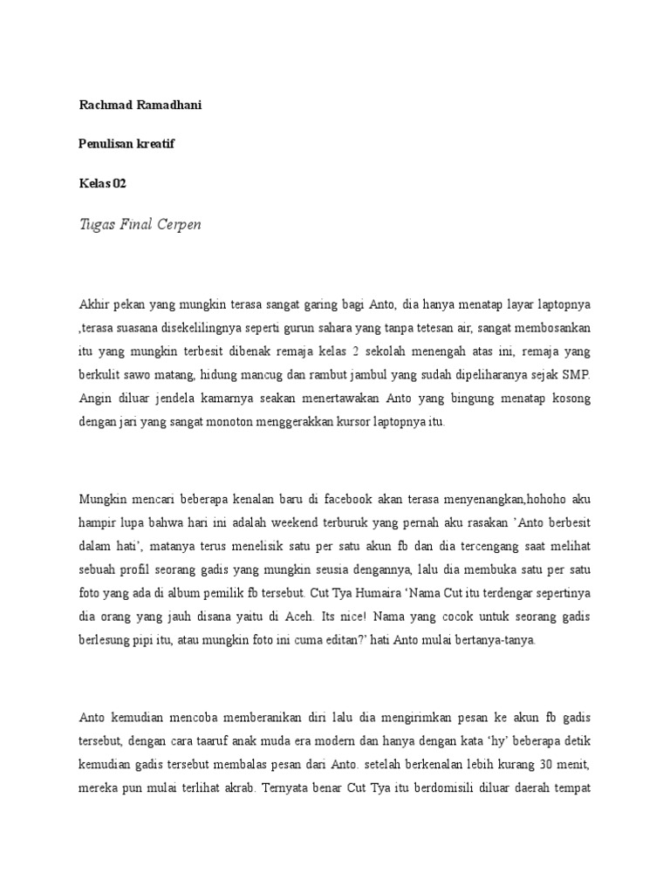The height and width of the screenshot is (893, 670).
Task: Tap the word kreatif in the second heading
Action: (x=154, y=144)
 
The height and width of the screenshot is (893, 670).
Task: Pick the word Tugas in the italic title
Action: (x=97, y=224)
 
